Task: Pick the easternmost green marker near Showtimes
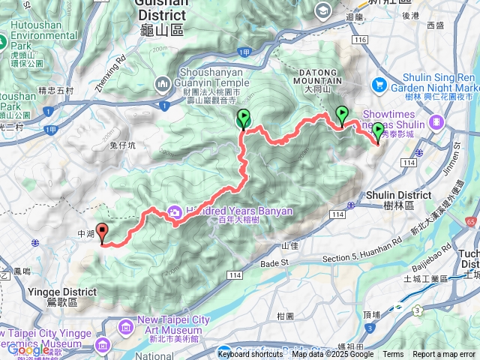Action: (377, 132)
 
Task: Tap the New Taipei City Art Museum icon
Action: (126, 324)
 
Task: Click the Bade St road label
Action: (274, 263)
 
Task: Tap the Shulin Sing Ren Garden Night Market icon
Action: (379, 85)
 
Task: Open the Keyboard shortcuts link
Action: (253, 354)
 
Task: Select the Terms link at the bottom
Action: (393, 354)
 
